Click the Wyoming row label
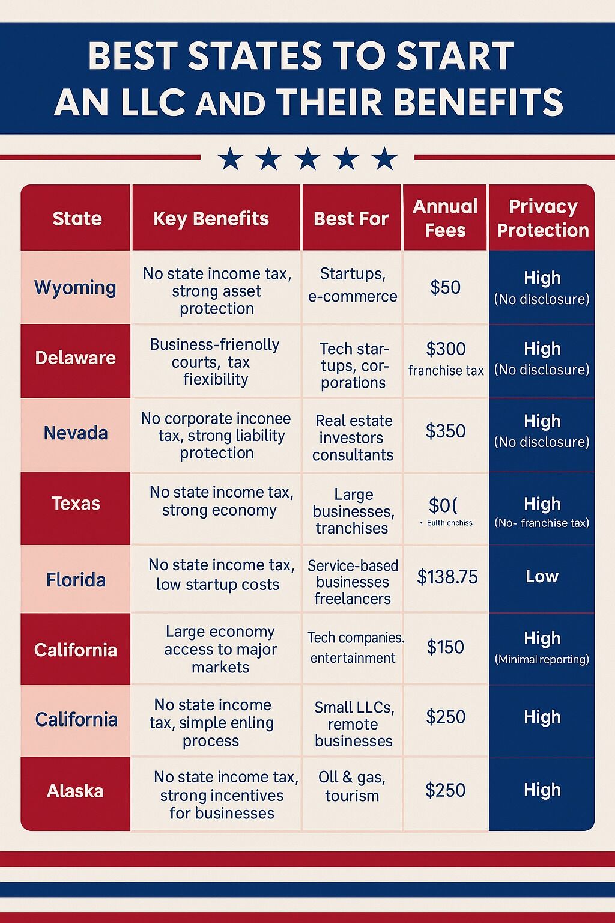coord(75,287)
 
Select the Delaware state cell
coord(75,358)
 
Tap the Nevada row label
coord(76,433)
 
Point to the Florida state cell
coord(76,580)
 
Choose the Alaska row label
coord(75,791)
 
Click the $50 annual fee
coord(446,287)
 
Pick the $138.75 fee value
coord(447,577)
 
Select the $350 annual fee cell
coord(446,431)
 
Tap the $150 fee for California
coord(446,647)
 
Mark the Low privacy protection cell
coord(542,577)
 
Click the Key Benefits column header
coord(211,219)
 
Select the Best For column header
coord(351,219)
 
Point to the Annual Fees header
coord(445,218)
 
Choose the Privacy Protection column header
coord(543,218)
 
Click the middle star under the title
coord(307,159)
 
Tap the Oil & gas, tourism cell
coord(352,786)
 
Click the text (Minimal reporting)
coord(542,660)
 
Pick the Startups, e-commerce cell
coord(353,285)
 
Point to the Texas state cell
coord(76,504)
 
